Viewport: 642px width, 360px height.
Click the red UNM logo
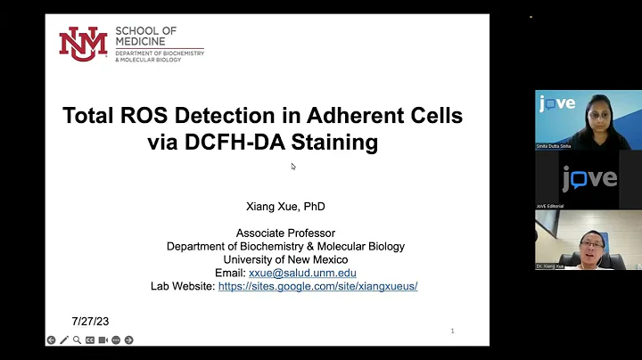(83, 44)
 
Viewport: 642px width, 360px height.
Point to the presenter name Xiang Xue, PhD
(285, 207)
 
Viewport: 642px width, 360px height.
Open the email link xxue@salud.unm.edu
(303, 273)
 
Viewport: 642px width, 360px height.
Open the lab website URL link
(318, 286)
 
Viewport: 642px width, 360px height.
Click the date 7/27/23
(90, 321)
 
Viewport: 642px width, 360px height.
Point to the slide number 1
(452, 331)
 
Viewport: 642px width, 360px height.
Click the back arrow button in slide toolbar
(52, 340)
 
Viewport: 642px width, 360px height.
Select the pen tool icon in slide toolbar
(64, 340)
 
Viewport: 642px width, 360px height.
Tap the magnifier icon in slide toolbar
(78, 340)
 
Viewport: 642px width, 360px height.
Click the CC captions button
(90, 340)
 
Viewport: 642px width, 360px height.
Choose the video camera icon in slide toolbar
(103, 340)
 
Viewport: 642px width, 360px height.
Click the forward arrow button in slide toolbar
(128, 340)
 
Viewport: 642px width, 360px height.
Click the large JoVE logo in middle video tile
(588, 178)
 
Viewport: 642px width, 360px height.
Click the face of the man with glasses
(590, 241)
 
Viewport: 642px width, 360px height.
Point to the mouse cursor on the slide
(293, 167)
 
